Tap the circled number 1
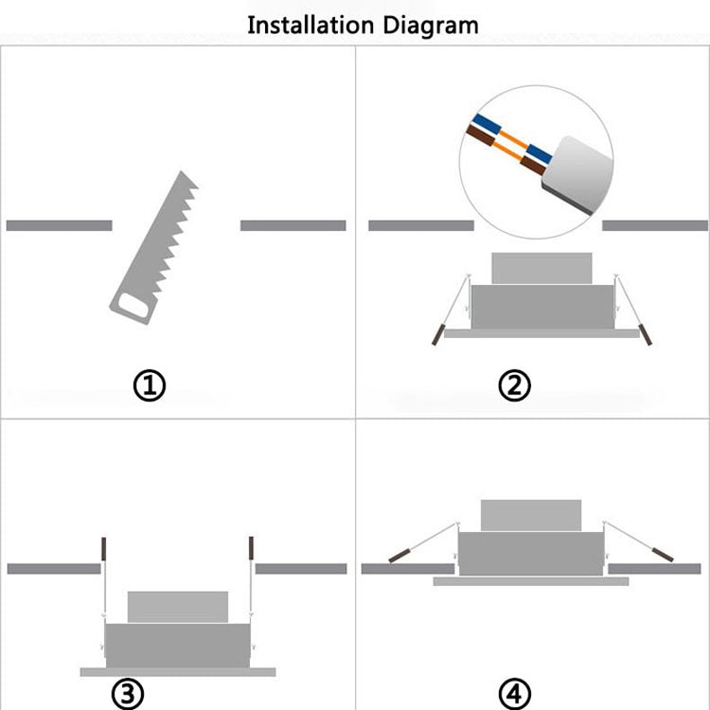click(x=150, y=386)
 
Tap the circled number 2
click(x=514, y=386)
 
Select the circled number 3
click(x=128, y=694)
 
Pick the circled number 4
click(x=514, y=694)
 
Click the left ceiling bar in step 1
click(x=59, y=225)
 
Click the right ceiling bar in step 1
click(x=293, y=225)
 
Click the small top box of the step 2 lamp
click(x=541, y=268)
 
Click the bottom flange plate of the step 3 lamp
click(x=176, y=671)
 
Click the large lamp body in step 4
click(x=530, y=554)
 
